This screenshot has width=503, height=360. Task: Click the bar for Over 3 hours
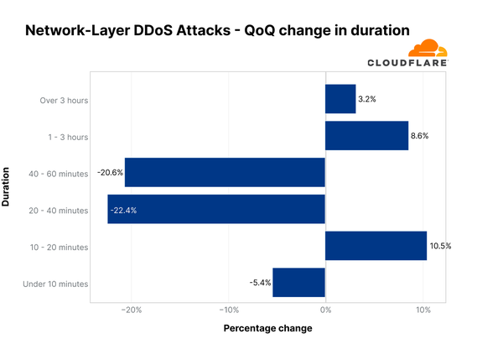click(340, 99)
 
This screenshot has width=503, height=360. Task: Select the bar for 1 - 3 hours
click(366, 136)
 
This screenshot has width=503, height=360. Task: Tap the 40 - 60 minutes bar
click(225, 172)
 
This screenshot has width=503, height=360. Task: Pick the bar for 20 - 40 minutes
click(216, 209)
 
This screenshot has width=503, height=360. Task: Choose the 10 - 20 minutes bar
click(376, 246)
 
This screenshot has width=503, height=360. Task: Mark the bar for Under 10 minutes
click(298, 283)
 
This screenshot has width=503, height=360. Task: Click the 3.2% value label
click(366, 99)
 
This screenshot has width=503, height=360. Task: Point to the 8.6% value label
click(419, 136)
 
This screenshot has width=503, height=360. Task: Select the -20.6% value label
click(110, 172)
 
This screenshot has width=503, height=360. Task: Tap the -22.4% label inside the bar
click(124, 210)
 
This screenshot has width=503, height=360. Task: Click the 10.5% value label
click(440, 246)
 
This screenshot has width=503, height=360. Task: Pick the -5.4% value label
click(260, 283)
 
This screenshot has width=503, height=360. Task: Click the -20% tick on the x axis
click(132, 310)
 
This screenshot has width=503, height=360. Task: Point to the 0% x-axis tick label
click(325, 310)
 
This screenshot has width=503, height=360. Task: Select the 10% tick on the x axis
click(423, 310)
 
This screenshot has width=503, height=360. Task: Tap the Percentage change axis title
click(267, 328)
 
